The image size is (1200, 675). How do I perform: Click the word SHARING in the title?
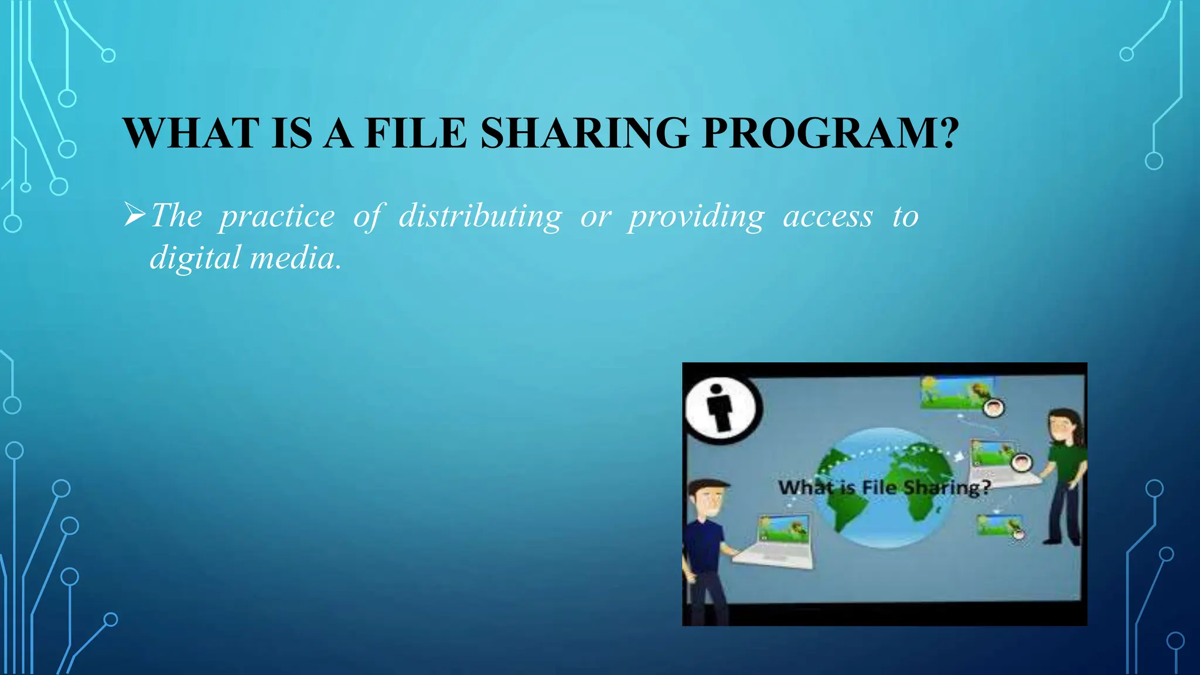coord(584,134)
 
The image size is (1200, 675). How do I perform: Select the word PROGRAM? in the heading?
coord(830,134)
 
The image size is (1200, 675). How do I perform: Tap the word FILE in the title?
coord(415,134)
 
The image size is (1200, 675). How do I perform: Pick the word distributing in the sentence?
coord(480,217)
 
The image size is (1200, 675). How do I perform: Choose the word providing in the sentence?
coord(697,217)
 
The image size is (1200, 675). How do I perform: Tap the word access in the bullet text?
coord(828,217)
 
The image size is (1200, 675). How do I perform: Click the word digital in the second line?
coord(195,258)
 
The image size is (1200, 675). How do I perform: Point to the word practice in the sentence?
coord(277,217)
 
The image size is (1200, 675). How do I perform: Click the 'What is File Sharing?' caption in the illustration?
coord(884,487)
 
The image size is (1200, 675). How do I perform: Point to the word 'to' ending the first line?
coord(905,217)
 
